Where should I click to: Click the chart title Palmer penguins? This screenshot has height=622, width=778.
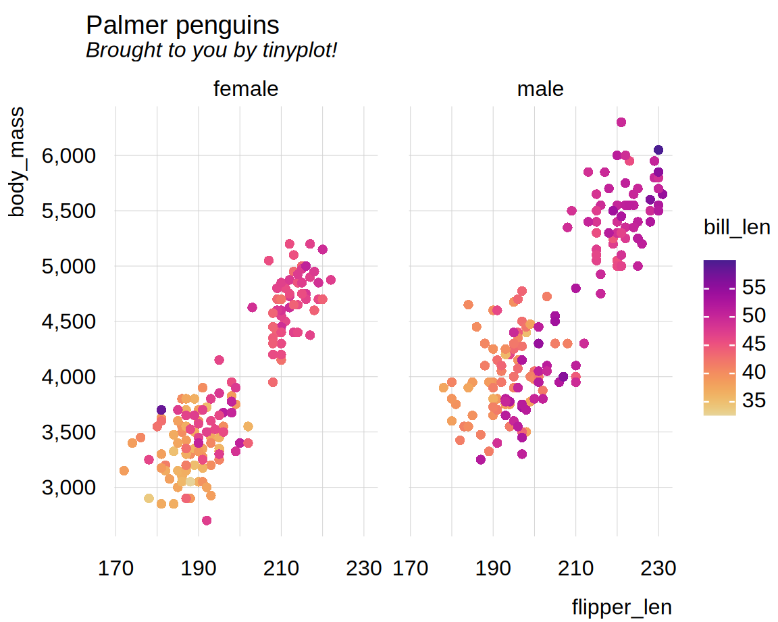pos(182,26)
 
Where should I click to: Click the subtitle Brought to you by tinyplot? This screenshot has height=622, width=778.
pos(211,50)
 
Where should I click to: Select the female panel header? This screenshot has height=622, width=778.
pos(246,89)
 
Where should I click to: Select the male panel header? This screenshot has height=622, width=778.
pos(540,89)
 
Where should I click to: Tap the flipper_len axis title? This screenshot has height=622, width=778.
pos(621,606)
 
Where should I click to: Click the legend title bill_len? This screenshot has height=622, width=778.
pos(736,228)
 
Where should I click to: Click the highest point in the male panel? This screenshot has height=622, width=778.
pos(621,122)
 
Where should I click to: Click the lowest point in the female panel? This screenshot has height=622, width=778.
pos(207,521)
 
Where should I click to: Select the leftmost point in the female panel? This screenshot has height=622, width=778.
pos(124,471)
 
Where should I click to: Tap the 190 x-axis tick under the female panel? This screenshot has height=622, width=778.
pos(199,569)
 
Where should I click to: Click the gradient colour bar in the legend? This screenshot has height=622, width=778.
pos(719,338)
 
